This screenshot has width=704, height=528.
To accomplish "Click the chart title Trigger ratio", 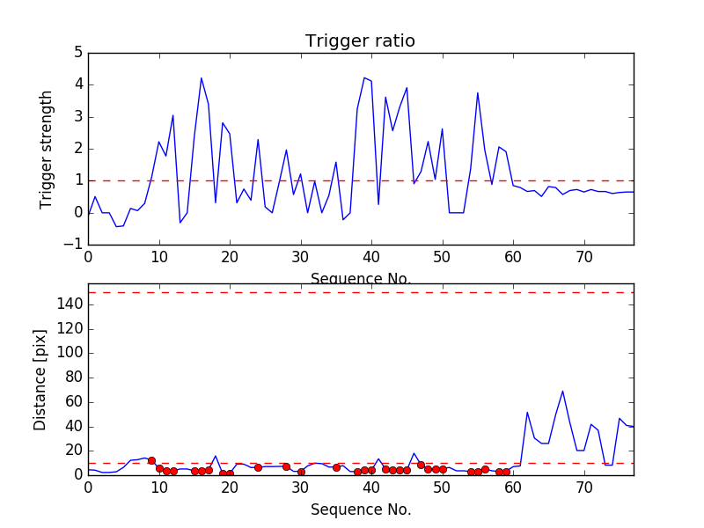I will click(x=360, y=41).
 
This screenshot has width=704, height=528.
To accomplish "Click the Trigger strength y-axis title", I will click(x=48, y=149).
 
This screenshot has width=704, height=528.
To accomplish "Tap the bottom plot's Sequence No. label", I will click(x=361, y=510).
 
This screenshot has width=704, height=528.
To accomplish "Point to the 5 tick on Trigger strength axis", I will click(x=77, y=53).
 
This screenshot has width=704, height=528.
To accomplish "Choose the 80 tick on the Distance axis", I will click(x=74, y=378).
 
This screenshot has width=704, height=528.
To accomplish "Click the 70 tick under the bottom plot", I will click(x=584, y=488).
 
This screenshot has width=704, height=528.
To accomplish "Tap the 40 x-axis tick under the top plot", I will click(x=371, y=257).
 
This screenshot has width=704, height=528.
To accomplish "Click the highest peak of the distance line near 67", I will click(x=562, y=391).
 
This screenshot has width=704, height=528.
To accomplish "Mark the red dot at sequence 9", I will click(x=151, y=460).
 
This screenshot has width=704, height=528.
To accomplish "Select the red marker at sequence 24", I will click(x=258, y=467).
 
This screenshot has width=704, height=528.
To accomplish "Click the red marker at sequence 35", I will click(x=336, y=467).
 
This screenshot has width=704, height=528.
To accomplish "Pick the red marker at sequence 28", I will click(x=286, y=466).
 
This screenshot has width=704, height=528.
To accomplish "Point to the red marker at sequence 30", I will click(x=301, y=472).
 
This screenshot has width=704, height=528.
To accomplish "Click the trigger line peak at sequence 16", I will click(x=202, y=77).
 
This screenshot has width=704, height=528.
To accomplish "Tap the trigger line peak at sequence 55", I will click(x=478, y=92).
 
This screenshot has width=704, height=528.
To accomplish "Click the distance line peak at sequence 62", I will click(x=527, y=412).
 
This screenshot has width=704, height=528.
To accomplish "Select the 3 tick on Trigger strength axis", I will click(x=77, y=116).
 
